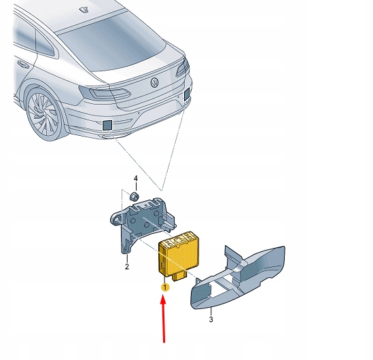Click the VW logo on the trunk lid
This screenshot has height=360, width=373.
(155, 83)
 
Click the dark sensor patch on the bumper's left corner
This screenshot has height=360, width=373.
(107, 124)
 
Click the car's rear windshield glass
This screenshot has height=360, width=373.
(112, 41)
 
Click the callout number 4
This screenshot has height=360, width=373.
(135, 179)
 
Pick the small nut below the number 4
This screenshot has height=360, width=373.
(135, 196)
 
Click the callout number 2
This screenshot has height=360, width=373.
(126, 267)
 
